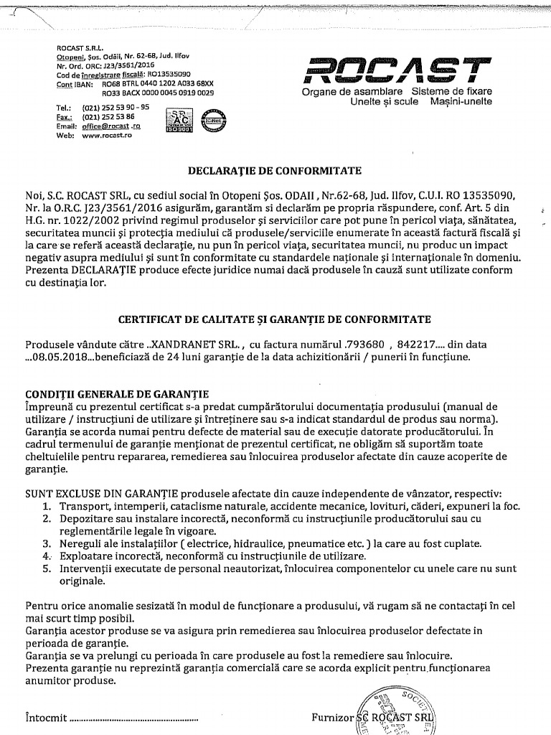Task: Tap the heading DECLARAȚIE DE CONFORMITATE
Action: (x=275, y=171)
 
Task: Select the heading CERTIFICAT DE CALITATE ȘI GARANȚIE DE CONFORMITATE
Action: (x=275, y=319)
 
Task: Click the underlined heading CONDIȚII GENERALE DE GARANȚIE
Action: (x=117, y=394)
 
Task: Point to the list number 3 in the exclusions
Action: (x=46, y=543)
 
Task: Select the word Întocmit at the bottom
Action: (x=45, y=716)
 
